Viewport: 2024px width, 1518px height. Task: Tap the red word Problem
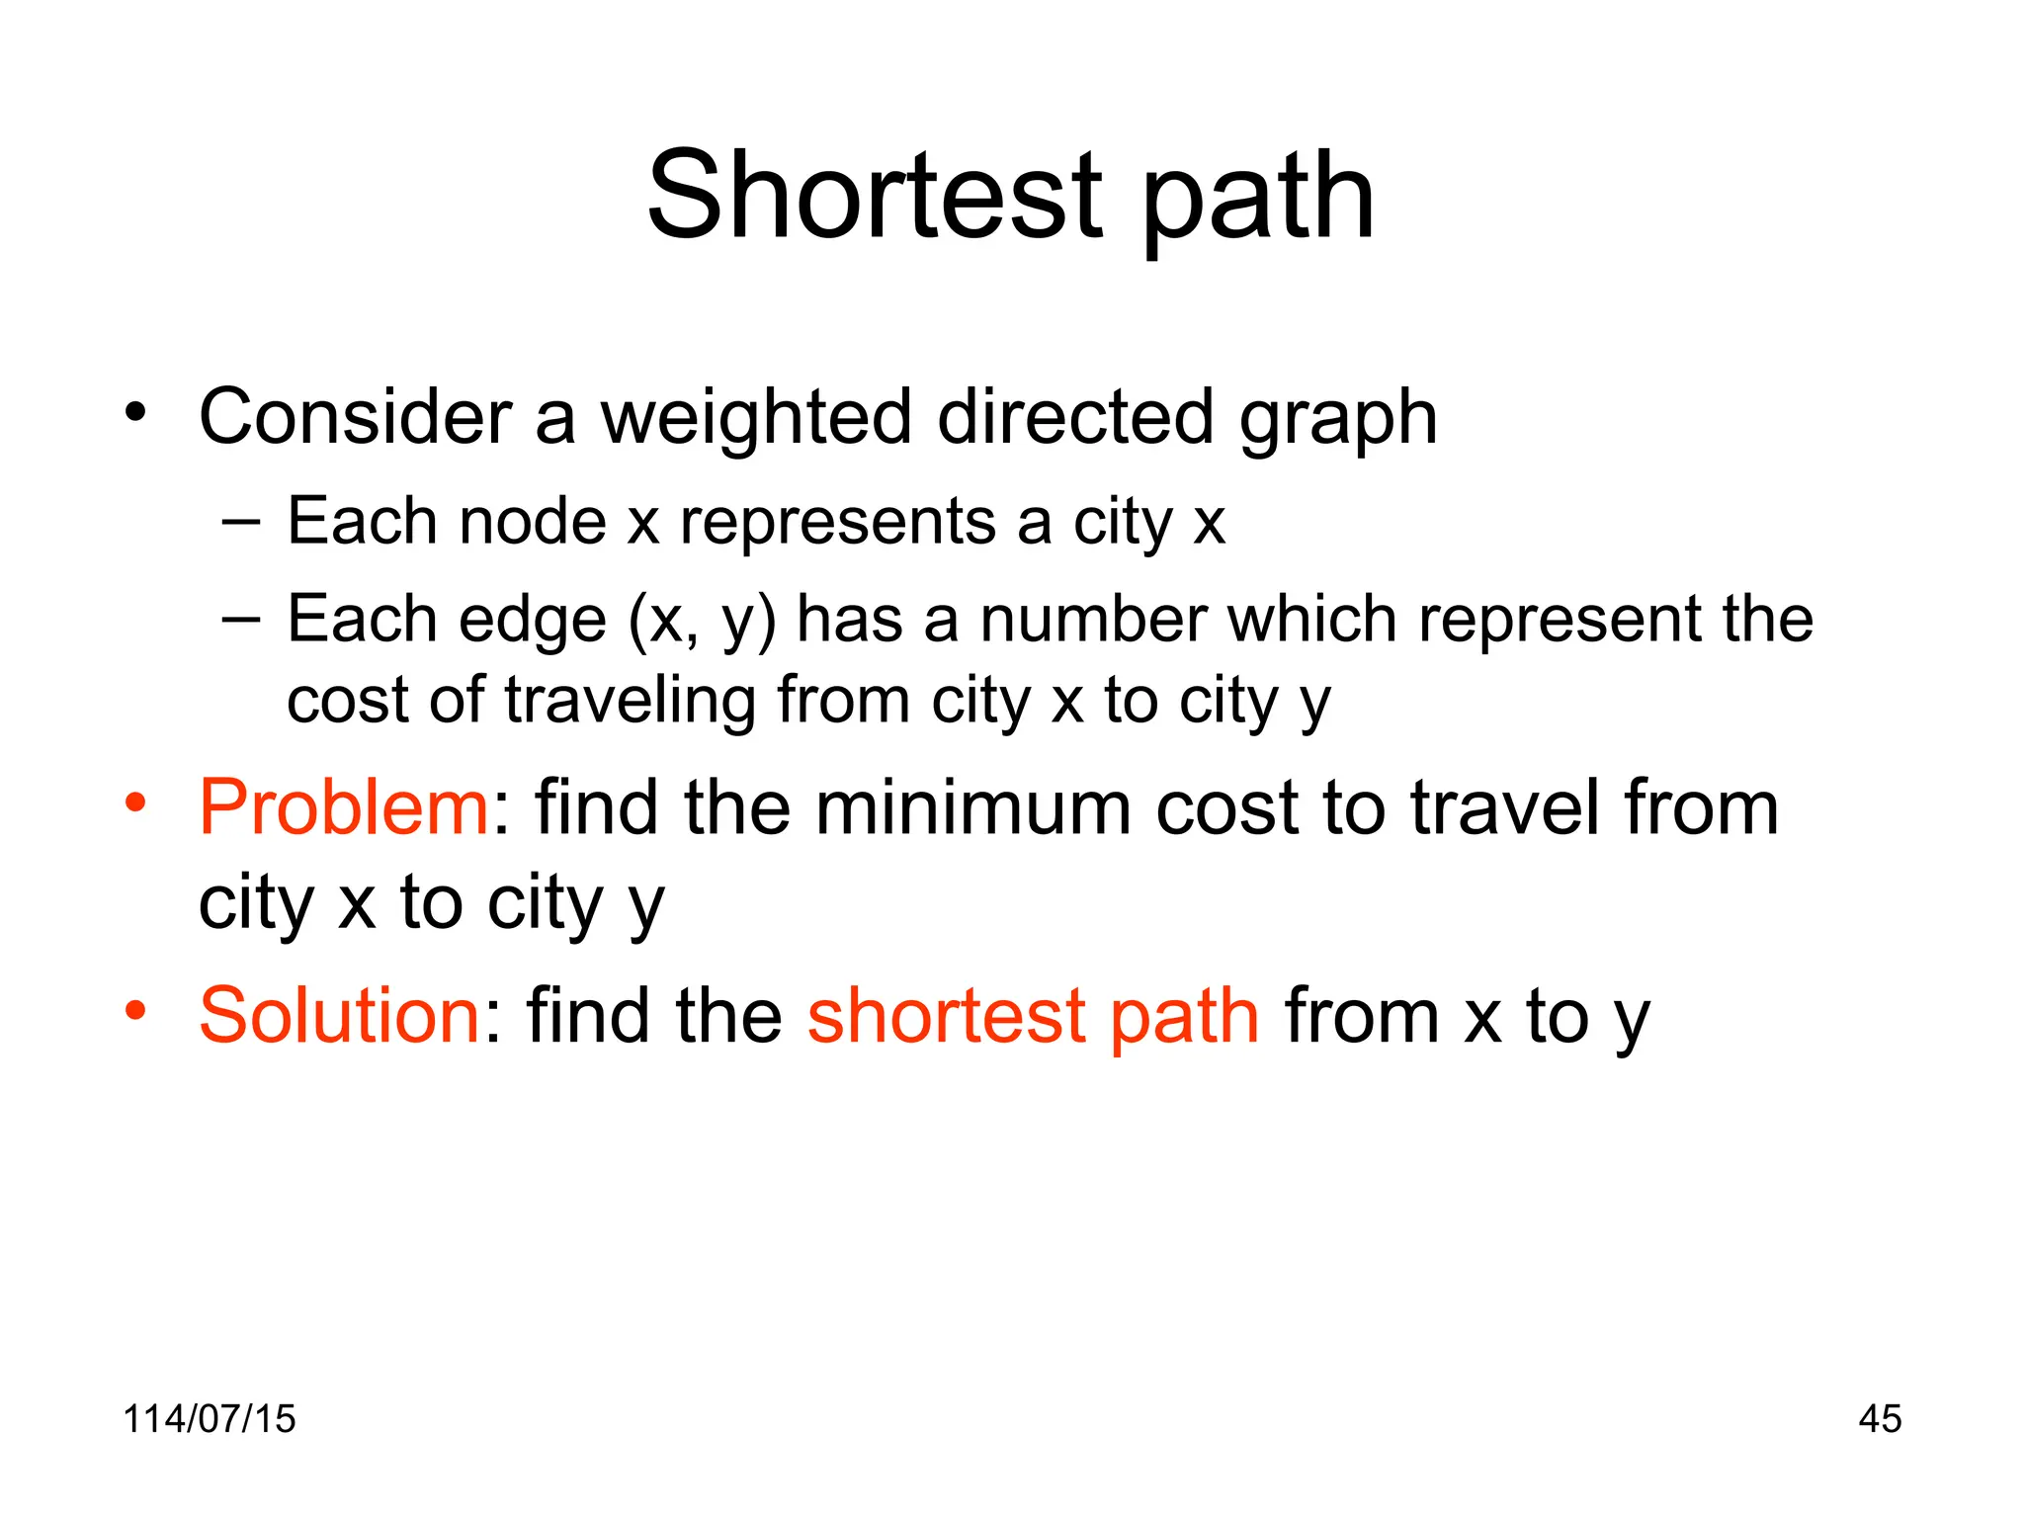tap(343, 807)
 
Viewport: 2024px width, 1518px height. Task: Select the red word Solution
tap(339, 1015)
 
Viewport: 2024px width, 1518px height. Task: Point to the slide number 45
tap(1880, 1418)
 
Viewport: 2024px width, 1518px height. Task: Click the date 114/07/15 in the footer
tap(209, 1418)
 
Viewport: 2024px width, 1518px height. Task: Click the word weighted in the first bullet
tap(756, 418)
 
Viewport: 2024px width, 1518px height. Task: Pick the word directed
tap(1075, 416)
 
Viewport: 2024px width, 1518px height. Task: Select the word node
tap(533, 521)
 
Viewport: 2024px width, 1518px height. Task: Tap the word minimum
tap(972, 807)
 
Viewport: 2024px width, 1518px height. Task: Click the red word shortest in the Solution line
tap(947, 1015)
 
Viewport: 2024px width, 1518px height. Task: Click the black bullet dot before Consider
tap(135, 410)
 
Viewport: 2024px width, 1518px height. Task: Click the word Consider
tap(355, 416)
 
